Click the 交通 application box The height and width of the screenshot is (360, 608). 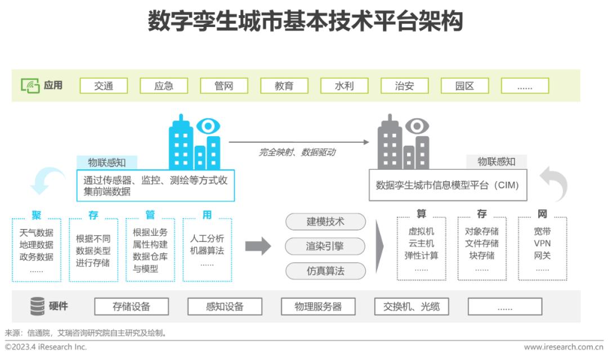pos(104,85)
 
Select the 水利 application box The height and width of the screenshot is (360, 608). pos(345,85)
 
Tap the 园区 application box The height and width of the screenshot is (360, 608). pos(464,85)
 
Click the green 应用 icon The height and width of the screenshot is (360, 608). pos(30,85)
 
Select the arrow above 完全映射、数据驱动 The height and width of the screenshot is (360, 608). pos(299,142)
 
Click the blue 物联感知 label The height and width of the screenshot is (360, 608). pos(106,163)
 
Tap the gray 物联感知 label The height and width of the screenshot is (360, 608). pos(497,161)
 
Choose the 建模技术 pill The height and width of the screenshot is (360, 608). pos(325,222)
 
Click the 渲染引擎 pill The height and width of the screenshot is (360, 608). pos(325,246)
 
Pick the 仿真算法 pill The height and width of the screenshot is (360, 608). pos(325,271)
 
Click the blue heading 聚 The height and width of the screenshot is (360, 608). pos(37,215)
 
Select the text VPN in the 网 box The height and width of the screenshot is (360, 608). pos(542,244)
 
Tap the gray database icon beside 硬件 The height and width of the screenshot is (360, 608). pos(38,306)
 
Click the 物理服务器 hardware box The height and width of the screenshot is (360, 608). pos(318,307)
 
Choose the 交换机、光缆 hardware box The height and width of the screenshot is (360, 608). pos(412,307)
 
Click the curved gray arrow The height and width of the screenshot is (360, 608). pos(554,184)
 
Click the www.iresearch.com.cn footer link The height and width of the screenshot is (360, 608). pos(564,347)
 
